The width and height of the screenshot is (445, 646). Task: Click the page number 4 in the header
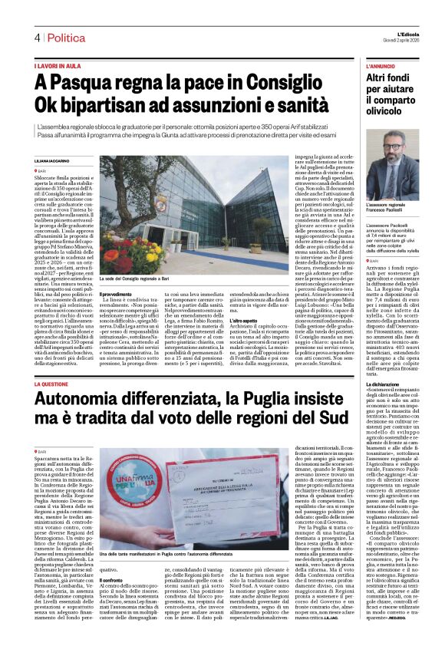(x=36, y=38)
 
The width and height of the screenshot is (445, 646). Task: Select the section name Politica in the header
(x=64, y=38)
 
